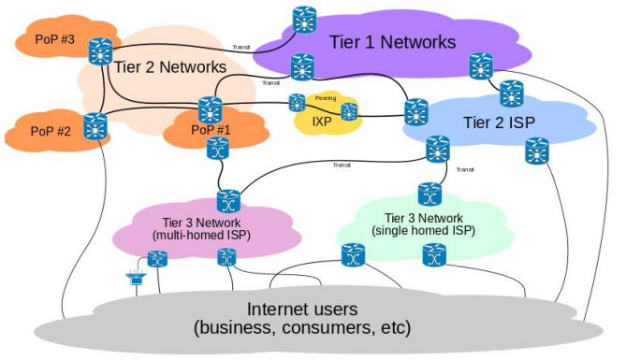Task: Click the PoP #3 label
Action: [x=54, y=39]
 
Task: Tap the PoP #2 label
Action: [x=51, y=131]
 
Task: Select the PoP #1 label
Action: [x=211, y=130]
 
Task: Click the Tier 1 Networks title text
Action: [x=392, y=42]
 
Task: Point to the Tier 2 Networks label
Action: [x=170, y=67]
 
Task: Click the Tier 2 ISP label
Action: [x=499, y=122]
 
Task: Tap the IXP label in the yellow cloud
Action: [x=321, y=121]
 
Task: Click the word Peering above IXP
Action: [x=326, y=98]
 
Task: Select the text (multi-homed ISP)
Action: [x=201, y=235]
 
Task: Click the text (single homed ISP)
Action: [x=424, y=230]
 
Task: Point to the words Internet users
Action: [x=302, y=310]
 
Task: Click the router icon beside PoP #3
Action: [x=100, y=51]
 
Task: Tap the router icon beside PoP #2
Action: [x=95, y=126]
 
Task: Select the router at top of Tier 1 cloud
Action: [x=304, y=20]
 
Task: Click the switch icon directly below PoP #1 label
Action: [x=218, y=148]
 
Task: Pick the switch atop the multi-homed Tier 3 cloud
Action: [x=228, y=202]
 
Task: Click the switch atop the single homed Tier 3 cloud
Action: [x=429, y=194]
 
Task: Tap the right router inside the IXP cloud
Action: [x=349, y=112]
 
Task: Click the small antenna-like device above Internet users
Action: [x=136, y=278]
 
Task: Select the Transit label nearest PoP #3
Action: [x=241, y=47]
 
